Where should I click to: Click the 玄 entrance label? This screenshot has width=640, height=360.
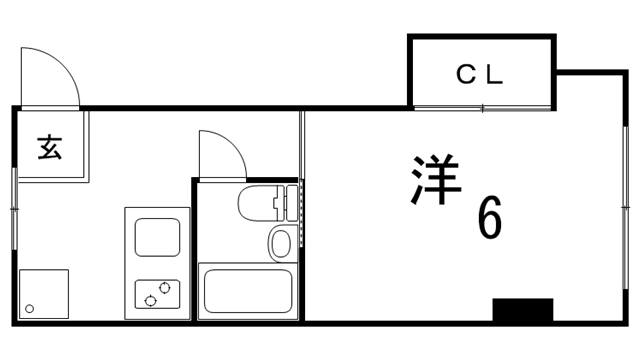(x=49, y=147)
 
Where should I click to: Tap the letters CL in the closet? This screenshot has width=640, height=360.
(x=480, y=73)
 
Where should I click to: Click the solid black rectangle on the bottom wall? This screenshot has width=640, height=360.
(x=522, y=310)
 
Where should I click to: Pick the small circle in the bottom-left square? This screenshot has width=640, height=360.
(x=30, y=308)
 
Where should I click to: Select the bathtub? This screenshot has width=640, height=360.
(x=245, y=292)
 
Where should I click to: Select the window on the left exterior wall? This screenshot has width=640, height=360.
(x=14, y=205)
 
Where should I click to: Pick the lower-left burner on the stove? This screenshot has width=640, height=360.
(x=150, y=299)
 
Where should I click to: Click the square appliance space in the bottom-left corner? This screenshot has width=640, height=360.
(x=44, y=294)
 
